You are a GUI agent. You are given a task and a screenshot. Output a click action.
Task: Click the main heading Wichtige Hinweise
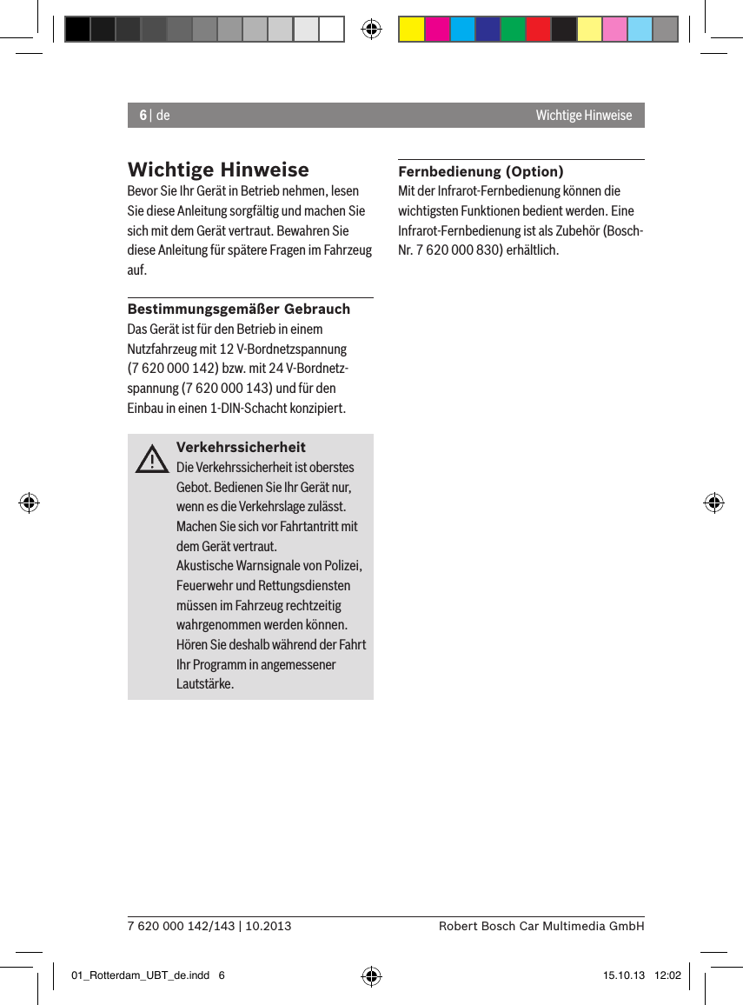coord(217,169)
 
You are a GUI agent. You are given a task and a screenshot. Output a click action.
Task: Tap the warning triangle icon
coord(152,460)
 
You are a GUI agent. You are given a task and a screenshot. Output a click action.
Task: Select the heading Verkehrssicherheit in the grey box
coord(241,447)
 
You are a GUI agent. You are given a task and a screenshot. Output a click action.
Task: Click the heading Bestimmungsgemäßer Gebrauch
coord(239,309)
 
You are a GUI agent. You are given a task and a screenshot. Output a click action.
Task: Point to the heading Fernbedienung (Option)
coord(481,171)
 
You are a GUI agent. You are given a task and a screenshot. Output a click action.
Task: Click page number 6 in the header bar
coord(143,116)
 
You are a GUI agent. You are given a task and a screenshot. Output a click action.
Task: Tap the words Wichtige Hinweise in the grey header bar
coord(583,116)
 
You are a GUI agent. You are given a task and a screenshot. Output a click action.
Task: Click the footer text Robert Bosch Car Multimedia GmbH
coord(541,926)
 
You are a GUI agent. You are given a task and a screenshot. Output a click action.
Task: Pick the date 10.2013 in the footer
coord(269,926)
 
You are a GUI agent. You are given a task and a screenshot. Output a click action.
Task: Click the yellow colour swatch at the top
coord(411,30)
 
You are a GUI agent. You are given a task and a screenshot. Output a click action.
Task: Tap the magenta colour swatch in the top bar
coord(437,30)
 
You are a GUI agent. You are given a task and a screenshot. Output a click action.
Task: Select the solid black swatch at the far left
coord(77,30)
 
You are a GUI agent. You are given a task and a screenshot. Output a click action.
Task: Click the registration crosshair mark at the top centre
coord(371,30)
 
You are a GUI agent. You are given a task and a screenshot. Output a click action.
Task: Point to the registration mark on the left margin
coord(29,503)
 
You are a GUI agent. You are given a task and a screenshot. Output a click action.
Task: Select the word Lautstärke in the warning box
coord(205,684)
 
